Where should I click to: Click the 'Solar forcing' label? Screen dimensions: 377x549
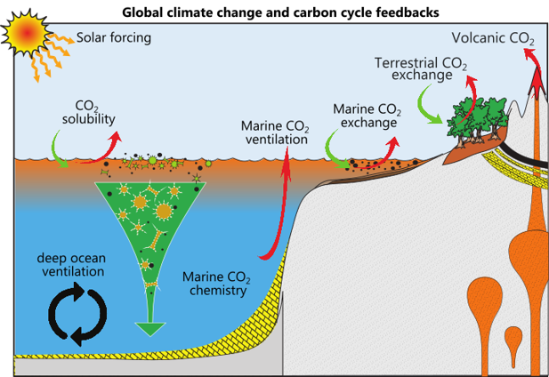click(x=114, y=37)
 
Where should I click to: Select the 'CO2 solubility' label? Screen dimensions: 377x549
click(x=88, y=113)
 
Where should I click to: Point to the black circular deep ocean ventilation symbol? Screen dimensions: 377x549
click(x=76, y=314)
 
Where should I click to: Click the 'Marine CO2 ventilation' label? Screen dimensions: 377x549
click(x=275, y=132)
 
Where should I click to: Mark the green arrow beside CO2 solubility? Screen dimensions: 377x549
click(x=61, y=146)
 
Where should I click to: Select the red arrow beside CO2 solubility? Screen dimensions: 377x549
click(x=116, y=141)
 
